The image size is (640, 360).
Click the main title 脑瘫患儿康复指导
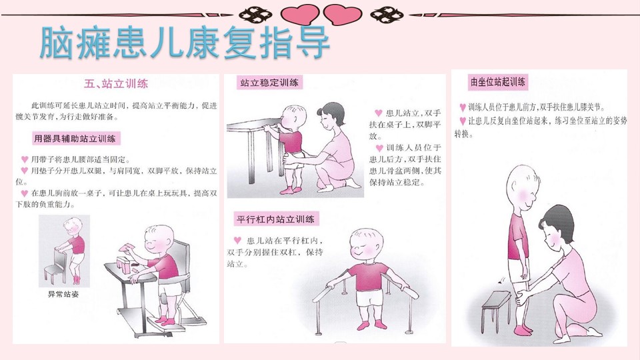(x=185, y=43)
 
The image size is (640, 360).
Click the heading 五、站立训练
(x=116, y=84)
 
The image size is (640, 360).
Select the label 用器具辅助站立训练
(x=75, y=139)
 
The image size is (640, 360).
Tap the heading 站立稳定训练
(x=269, y=83)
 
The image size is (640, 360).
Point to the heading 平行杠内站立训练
(x=275, y=219)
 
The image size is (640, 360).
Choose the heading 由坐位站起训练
(x=497, y=81)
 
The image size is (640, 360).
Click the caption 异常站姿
(x=63, y=294)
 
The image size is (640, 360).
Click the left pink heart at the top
(x=300, y=15)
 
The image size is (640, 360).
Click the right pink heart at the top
(x=343, y=15)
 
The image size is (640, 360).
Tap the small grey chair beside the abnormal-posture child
(x=55, y=266)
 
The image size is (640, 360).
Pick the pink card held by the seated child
(x=127, y=247)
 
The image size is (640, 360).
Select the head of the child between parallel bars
(x=367, y=245)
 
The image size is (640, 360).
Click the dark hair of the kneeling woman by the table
(x=332, y=111)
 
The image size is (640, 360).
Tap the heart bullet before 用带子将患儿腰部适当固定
(x=25, y=159)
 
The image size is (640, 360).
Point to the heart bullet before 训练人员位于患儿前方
(x=463, y=108)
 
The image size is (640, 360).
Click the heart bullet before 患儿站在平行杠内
(x=237, y=240)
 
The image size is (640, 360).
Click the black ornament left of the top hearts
(x=255, y=15)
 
